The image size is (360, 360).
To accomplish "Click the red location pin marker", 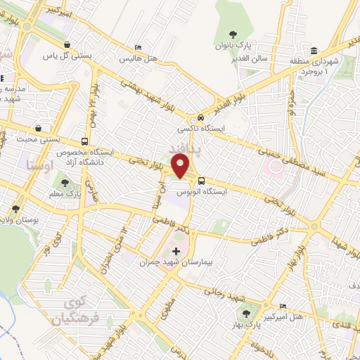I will tap(181, 167).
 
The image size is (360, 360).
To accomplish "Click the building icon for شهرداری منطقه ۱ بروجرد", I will tap(313, 51).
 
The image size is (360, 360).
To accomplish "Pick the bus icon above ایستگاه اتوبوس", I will tap(201, 180).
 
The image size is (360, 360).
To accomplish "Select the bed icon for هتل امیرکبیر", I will tap(283, 307).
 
